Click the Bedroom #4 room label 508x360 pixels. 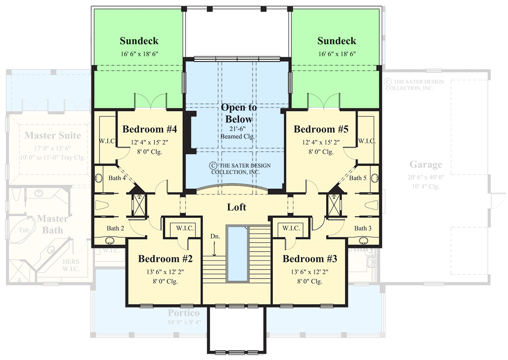[150, 130]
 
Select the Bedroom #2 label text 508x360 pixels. [165, 259]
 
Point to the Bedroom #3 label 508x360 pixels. [310, 259]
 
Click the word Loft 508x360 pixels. [236, 207]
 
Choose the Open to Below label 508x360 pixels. [239, 113]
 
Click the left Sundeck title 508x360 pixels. [139, 41]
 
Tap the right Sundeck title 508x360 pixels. [336, 41]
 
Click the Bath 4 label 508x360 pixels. [117, 178]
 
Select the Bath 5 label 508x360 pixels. [358, 178]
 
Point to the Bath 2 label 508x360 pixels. [116, 228]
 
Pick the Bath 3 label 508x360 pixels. [363, 228]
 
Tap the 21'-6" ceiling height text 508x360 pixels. [239, 128]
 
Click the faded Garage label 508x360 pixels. [426, 165]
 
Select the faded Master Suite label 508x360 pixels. [53, 135]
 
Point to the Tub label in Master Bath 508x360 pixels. [24, 230]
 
